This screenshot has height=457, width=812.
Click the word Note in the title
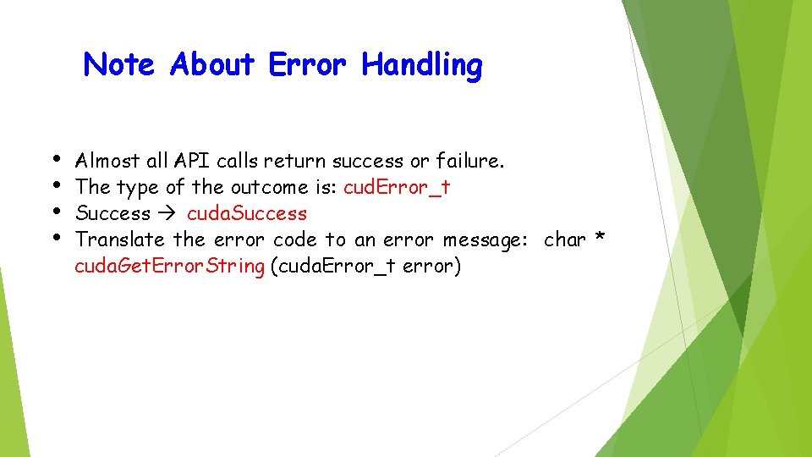click(x=119, y=64)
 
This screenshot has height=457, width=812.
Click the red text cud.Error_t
click(x=397, y=187)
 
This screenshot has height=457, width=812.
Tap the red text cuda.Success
click(x=247, y=213)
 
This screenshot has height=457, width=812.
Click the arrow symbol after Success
click(x=169, y=213)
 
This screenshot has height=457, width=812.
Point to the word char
click(x=565, y=240)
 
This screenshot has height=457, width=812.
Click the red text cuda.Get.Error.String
click(x=169, y=266)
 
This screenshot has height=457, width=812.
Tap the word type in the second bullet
click(x=137, y=188)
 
